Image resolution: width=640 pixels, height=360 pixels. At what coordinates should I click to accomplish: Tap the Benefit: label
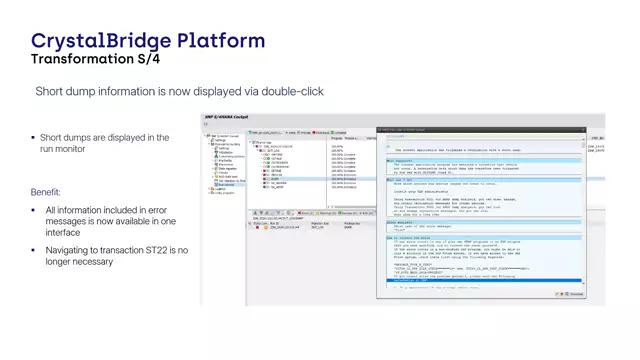[46, 191]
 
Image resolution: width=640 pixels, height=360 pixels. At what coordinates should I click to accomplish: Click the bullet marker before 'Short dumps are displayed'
[33, 138]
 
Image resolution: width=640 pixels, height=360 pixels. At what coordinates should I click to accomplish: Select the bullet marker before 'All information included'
[33, 210]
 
